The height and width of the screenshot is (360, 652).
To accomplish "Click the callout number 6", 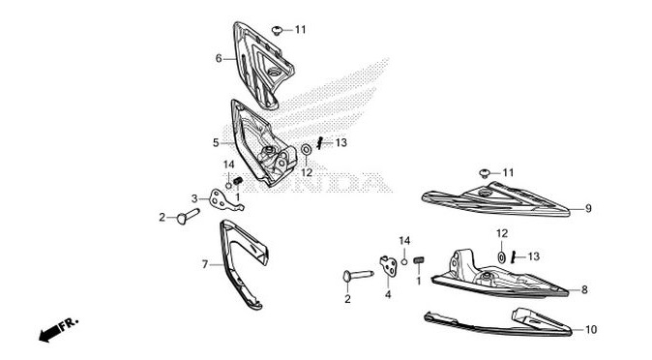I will [x=219, y=59].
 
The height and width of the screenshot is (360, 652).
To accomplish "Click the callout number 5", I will [x=217, y=143].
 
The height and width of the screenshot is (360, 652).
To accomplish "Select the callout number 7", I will [x=204, y=263].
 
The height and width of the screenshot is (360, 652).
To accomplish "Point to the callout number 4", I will [x=387, y=294].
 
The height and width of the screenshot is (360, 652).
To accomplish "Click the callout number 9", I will [x=587, y=208].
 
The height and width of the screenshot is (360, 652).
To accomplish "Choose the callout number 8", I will [x=584, y=289].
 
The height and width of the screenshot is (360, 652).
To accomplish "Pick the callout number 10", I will [x=591, y=330].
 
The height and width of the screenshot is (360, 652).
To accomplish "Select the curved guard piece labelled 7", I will [x=240, y=266].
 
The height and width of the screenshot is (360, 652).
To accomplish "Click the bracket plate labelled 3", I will [x=224, y=200].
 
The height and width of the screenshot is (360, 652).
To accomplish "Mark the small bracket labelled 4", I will [x=391, y=263].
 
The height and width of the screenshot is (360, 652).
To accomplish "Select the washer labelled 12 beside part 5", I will [x=306, y=149].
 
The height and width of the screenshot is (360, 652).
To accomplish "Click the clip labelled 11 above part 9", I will [x=484, y=173].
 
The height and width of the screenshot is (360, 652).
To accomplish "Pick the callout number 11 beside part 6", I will [x=300, y=30].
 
